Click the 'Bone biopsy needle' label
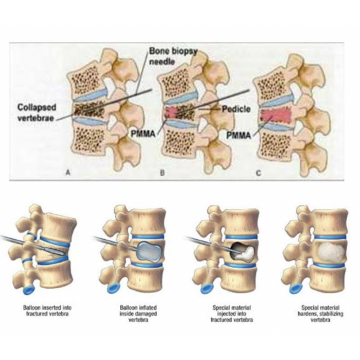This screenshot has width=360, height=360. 173,56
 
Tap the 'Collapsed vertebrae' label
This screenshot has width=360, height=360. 37,112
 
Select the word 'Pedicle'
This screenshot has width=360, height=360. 236,109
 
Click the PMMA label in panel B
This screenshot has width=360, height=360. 143,134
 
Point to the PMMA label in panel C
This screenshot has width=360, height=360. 239,135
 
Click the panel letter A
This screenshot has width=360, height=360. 68,172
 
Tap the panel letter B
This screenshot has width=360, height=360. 162,172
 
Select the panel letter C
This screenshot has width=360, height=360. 258,173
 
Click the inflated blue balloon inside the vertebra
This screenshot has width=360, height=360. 150,251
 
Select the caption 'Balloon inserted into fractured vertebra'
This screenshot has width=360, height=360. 48,310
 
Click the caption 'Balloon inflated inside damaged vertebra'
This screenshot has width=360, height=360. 138,314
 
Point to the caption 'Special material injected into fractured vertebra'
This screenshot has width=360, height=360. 232,314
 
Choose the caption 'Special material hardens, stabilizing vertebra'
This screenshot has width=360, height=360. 320,314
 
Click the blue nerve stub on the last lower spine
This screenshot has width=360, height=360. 296,288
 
